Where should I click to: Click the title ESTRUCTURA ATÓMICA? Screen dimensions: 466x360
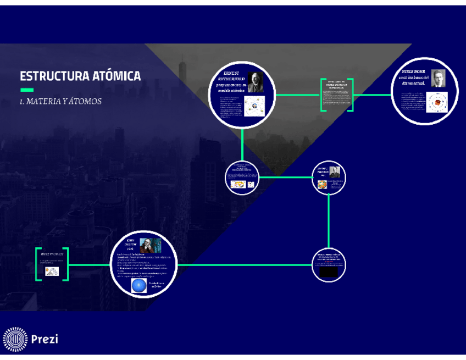(80, 76)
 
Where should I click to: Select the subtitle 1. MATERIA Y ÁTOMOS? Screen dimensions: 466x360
(60, 102)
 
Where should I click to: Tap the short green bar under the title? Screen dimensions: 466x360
(27, 90)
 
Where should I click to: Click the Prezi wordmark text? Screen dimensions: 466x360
(45, 339)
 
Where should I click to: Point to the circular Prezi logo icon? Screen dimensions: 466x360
(14, 339)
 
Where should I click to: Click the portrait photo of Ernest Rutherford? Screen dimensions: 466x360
(255, 82)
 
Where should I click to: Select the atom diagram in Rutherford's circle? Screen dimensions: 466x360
(254, 105)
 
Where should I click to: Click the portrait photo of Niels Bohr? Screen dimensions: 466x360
(438, 79)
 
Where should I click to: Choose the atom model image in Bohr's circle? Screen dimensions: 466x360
(437, 102)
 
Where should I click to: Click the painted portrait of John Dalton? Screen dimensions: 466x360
(150, 245)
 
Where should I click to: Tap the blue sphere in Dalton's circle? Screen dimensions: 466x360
(139, 285)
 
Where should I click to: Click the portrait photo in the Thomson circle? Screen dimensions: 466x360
(335, 172)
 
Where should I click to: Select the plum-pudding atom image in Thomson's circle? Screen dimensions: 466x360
(323, 184)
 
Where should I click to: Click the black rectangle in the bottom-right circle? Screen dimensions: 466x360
(329, 272)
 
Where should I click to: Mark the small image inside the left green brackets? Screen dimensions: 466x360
(52, 271)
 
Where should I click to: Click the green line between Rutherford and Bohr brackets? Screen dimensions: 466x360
(297, 95)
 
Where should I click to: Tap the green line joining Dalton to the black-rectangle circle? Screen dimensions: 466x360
(245, 264)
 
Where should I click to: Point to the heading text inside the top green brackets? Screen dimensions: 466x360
(336, 85)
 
